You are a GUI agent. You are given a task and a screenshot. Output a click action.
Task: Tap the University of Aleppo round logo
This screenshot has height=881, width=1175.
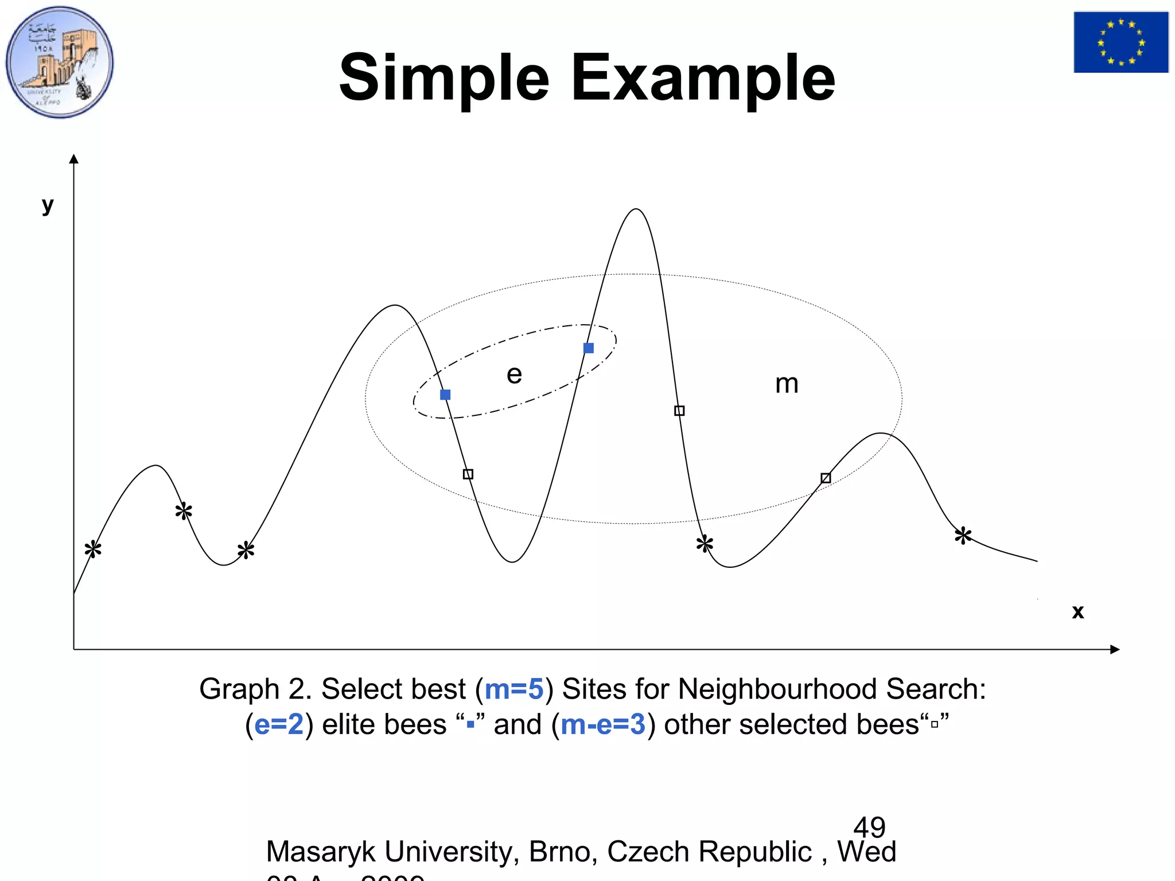[x=60, y=62]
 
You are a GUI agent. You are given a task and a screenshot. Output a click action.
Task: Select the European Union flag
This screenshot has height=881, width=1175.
[x=1120, y=42]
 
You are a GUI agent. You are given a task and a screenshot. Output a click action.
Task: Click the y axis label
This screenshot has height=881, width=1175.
[x=48, y=204]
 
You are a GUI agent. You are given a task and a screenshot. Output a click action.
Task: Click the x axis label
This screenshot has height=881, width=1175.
[x=1077, y=611]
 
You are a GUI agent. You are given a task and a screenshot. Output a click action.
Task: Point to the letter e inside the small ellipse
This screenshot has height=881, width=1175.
[x=514, y=375]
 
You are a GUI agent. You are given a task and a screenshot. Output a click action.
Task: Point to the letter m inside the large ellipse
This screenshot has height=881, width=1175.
[x=787, y=383]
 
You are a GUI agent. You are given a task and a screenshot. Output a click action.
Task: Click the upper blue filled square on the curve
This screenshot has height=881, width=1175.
[x=589, y=348]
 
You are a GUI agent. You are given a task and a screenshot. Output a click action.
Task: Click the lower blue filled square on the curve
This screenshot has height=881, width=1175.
[x=445, y=395]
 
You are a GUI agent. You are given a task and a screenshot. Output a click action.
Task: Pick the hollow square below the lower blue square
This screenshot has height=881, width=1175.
[x=468, y=474]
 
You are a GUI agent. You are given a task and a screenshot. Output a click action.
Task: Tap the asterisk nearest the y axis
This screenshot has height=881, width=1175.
[x=93, y=549]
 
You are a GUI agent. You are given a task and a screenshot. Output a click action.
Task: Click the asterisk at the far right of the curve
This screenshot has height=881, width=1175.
[x=963, y=536]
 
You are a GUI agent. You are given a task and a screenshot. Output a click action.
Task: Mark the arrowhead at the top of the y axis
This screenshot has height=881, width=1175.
[x=73, y=159]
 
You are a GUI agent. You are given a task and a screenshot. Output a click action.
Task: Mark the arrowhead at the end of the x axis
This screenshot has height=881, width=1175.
[x=1115, y=649]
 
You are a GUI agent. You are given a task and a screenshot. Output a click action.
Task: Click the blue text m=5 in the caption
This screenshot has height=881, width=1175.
[x=514, y=689]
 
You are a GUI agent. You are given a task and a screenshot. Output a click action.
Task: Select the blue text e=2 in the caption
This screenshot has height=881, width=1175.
[x=279, y=724]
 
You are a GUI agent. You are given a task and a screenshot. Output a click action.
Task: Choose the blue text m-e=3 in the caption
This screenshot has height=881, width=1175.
[x=603, y=724]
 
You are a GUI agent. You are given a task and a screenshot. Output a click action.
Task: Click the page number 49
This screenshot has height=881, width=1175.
[x=869, y=827]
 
